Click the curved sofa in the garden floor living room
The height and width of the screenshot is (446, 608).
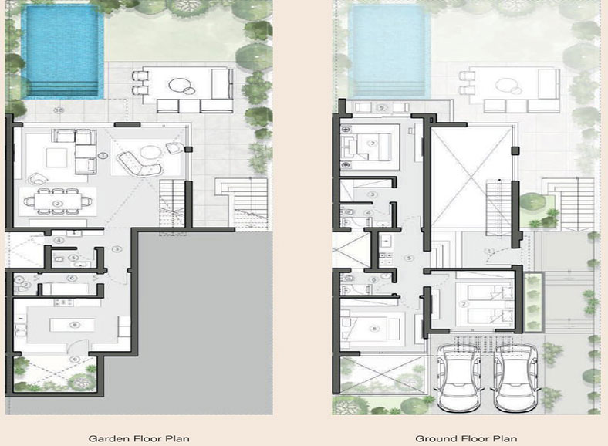pyautogui.click(x=136, y=163)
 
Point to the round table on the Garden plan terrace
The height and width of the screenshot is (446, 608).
pyautogui.click(x=183, y=86)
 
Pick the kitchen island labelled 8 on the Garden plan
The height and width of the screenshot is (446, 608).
pyautogui.click(x=74, y=325)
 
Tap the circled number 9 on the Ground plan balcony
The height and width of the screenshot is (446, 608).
pyautogui.click(x=381, y=108)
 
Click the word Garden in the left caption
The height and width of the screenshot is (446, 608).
pyautogui.click(x=106, y=438)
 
